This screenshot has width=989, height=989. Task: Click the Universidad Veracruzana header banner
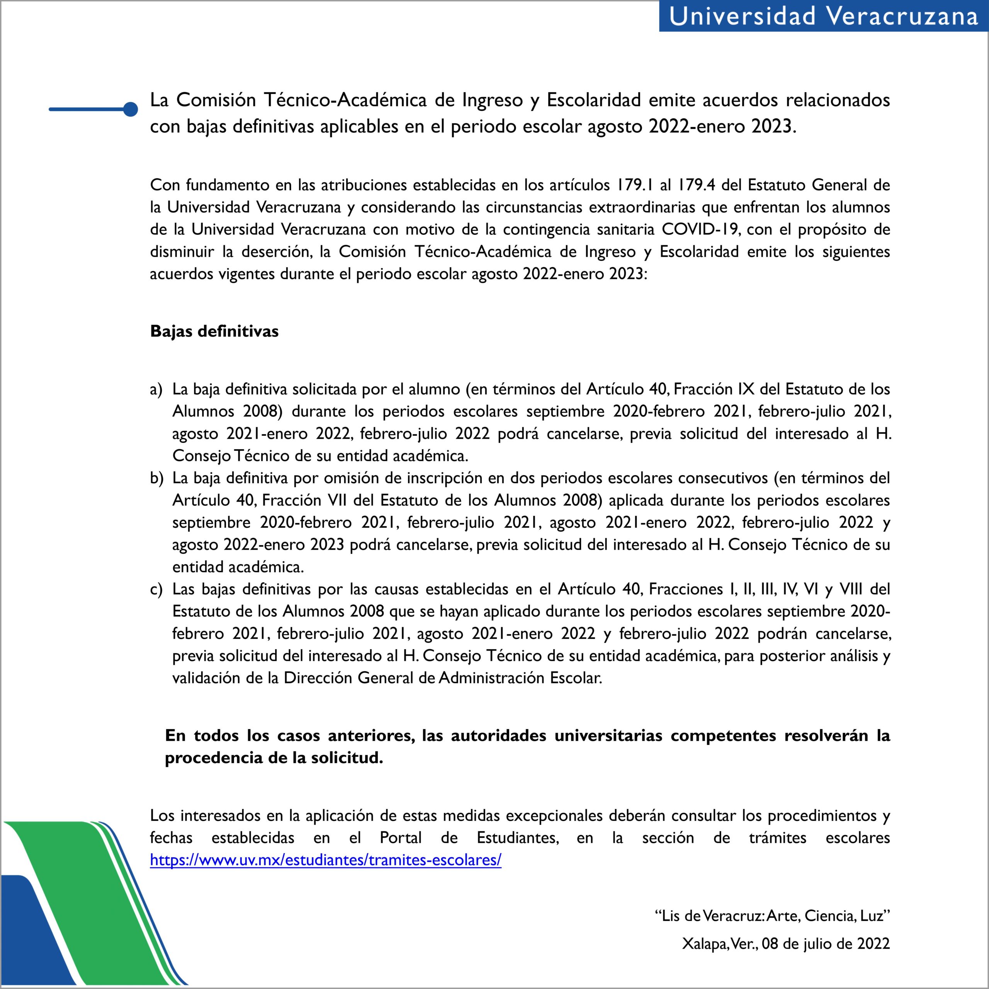[823, 16]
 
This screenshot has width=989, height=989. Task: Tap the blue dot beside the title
[131, 109]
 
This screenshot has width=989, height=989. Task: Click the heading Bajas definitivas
[214, 331]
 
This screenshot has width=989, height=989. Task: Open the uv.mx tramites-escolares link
[326, 860]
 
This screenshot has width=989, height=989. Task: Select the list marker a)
[156, 389]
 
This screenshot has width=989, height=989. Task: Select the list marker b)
[156, 478]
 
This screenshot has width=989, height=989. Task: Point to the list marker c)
[156, 589]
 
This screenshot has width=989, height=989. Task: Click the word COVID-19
[700, 229]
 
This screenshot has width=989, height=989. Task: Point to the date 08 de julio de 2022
[826, 943]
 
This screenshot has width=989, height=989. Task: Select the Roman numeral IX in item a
[746, 389]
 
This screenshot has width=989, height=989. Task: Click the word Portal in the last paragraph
[401, 838]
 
